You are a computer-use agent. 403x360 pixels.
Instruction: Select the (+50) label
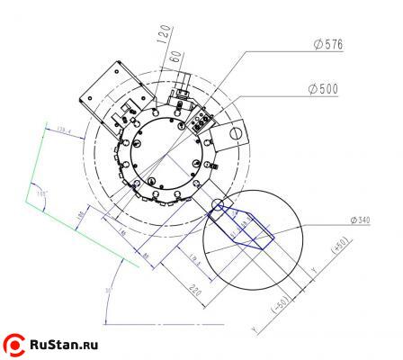click(x=341, y=247)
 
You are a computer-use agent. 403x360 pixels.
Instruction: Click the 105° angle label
click(x=40, y=193)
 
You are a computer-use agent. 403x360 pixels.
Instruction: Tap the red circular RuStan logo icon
click(x=15, y=343)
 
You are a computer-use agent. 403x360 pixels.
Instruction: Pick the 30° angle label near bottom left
click(x=107, y=291)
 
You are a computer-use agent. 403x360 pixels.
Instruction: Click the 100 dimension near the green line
click(x=80, y=213)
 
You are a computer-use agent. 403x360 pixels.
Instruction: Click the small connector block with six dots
click(x=203, y=119)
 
